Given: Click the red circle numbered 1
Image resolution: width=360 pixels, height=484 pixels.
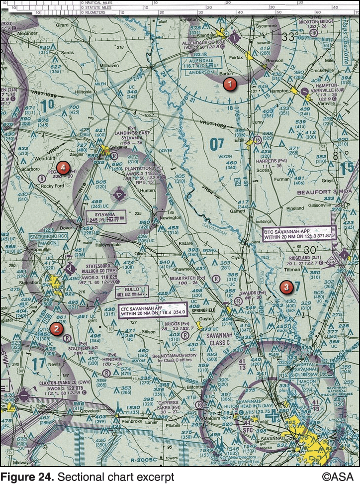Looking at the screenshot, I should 229,84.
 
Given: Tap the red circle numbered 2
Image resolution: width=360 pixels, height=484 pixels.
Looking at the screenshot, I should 56,328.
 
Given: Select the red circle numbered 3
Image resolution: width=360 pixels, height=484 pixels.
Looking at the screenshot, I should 285,287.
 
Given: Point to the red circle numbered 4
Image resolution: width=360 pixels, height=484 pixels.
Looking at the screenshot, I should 62,167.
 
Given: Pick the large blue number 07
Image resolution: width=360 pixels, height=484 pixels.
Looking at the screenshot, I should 217,144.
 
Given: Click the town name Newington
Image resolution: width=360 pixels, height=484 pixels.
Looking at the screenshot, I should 170,218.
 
